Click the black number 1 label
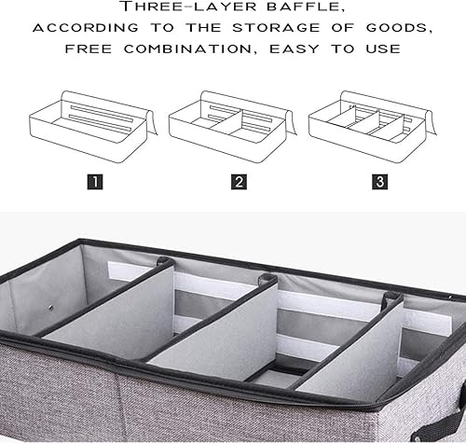[96, 181]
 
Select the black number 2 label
[239, 181]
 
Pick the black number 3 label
[379, 181]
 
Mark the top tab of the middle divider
[269, 279]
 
